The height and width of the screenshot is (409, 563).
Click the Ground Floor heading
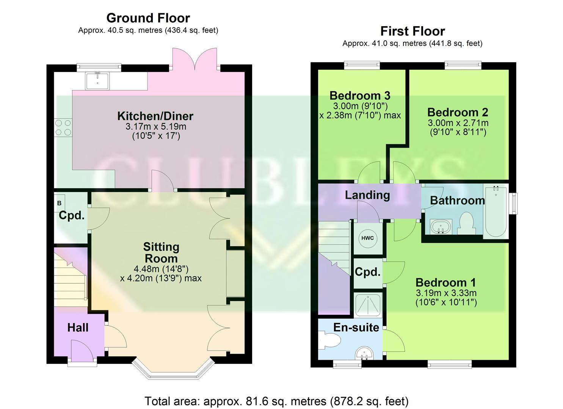[148, 18]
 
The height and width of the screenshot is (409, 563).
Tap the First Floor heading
[412, 31]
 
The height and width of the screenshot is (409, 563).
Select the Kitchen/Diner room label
[155, 116]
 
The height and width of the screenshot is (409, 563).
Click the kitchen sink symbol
[97, 81]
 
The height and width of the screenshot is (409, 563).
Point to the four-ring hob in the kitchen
[63, 128]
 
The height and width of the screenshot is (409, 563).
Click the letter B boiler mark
[59, 203]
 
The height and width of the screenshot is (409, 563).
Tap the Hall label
[78, 328]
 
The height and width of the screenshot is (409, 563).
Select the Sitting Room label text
[161, 253]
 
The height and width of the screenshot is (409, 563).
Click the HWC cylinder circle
[367, 238]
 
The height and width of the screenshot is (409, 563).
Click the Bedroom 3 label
[359, 95]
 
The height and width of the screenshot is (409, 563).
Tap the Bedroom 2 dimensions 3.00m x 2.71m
[458, 123]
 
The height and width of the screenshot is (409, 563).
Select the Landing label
[367, 195]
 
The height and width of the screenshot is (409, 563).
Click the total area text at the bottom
[276, 401]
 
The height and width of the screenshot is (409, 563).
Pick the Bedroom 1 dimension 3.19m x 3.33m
[446, 293]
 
